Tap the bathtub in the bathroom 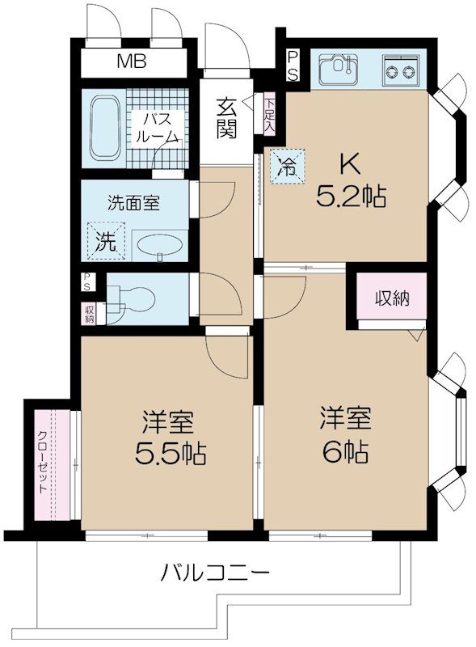point(103,127)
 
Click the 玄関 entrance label point(227,118)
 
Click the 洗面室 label point(134,202)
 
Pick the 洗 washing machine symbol point(104,239)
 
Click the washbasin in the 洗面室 point(158,244)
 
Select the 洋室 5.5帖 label point(169,439)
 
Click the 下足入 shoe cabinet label point(269,114)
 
